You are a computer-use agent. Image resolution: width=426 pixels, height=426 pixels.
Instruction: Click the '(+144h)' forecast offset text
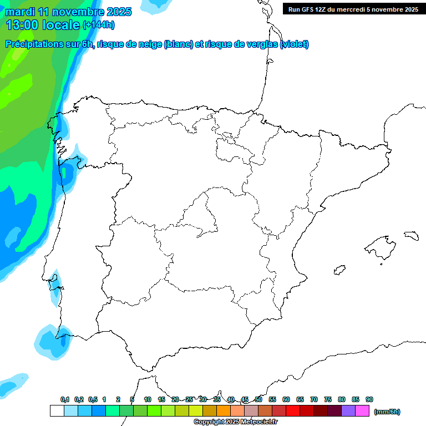point(98,25)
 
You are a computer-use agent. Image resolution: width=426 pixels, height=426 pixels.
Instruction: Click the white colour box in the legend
point(57,411)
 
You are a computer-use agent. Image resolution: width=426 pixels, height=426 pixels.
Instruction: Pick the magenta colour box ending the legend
point(362,411)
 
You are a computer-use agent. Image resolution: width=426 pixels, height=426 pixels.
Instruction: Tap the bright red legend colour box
point(293,411)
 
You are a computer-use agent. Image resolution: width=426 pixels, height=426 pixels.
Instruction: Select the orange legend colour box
point(224,411)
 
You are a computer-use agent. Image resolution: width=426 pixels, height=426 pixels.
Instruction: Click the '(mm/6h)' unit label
point(387,412)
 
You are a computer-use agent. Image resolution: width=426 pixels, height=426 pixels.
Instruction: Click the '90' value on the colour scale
point(369,399)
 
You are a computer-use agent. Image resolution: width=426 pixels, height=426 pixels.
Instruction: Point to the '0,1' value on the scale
point(65,399)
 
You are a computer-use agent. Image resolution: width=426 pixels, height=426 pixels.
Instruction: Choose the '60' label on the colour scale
point(286,399)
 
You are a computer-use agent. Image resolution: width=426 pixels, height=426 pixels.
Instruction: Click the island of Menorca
point(411,235)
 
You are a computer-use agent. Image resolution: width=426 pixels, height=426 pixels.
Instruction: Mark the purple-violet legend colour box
point(348,411)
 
